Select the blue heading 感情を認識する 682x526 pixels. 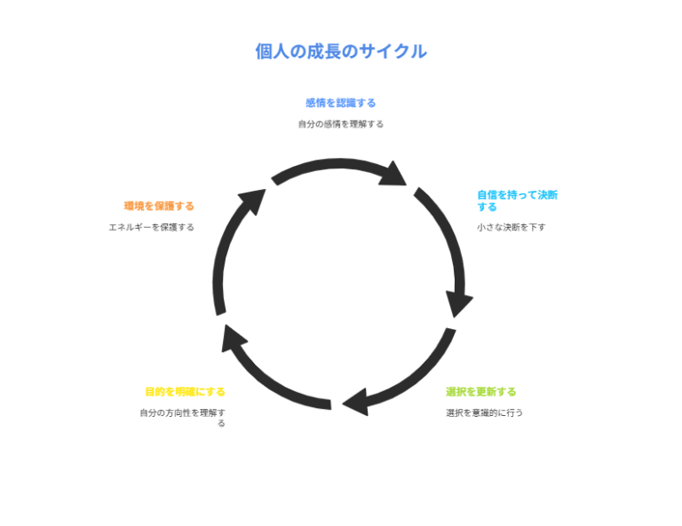coord(340,103)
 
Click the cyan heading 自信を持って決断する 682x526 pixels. coord(517,200)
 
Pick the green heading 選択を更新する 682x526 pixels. coord(480,391)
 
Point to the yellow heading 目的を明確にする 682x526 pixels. coord(185,391)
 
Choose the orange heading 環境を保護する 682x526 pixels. coord(159,206)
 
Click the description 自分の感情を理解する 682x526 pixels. coord(340,124)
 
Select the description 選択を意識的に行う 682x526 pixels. coord(484,412)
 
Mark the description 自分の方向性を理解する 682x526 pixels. coord(182,417)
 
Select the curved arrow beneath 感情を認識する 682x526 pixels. coord(333,166)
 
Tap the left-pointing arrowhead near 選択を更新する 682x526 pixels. coord(357,401)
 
